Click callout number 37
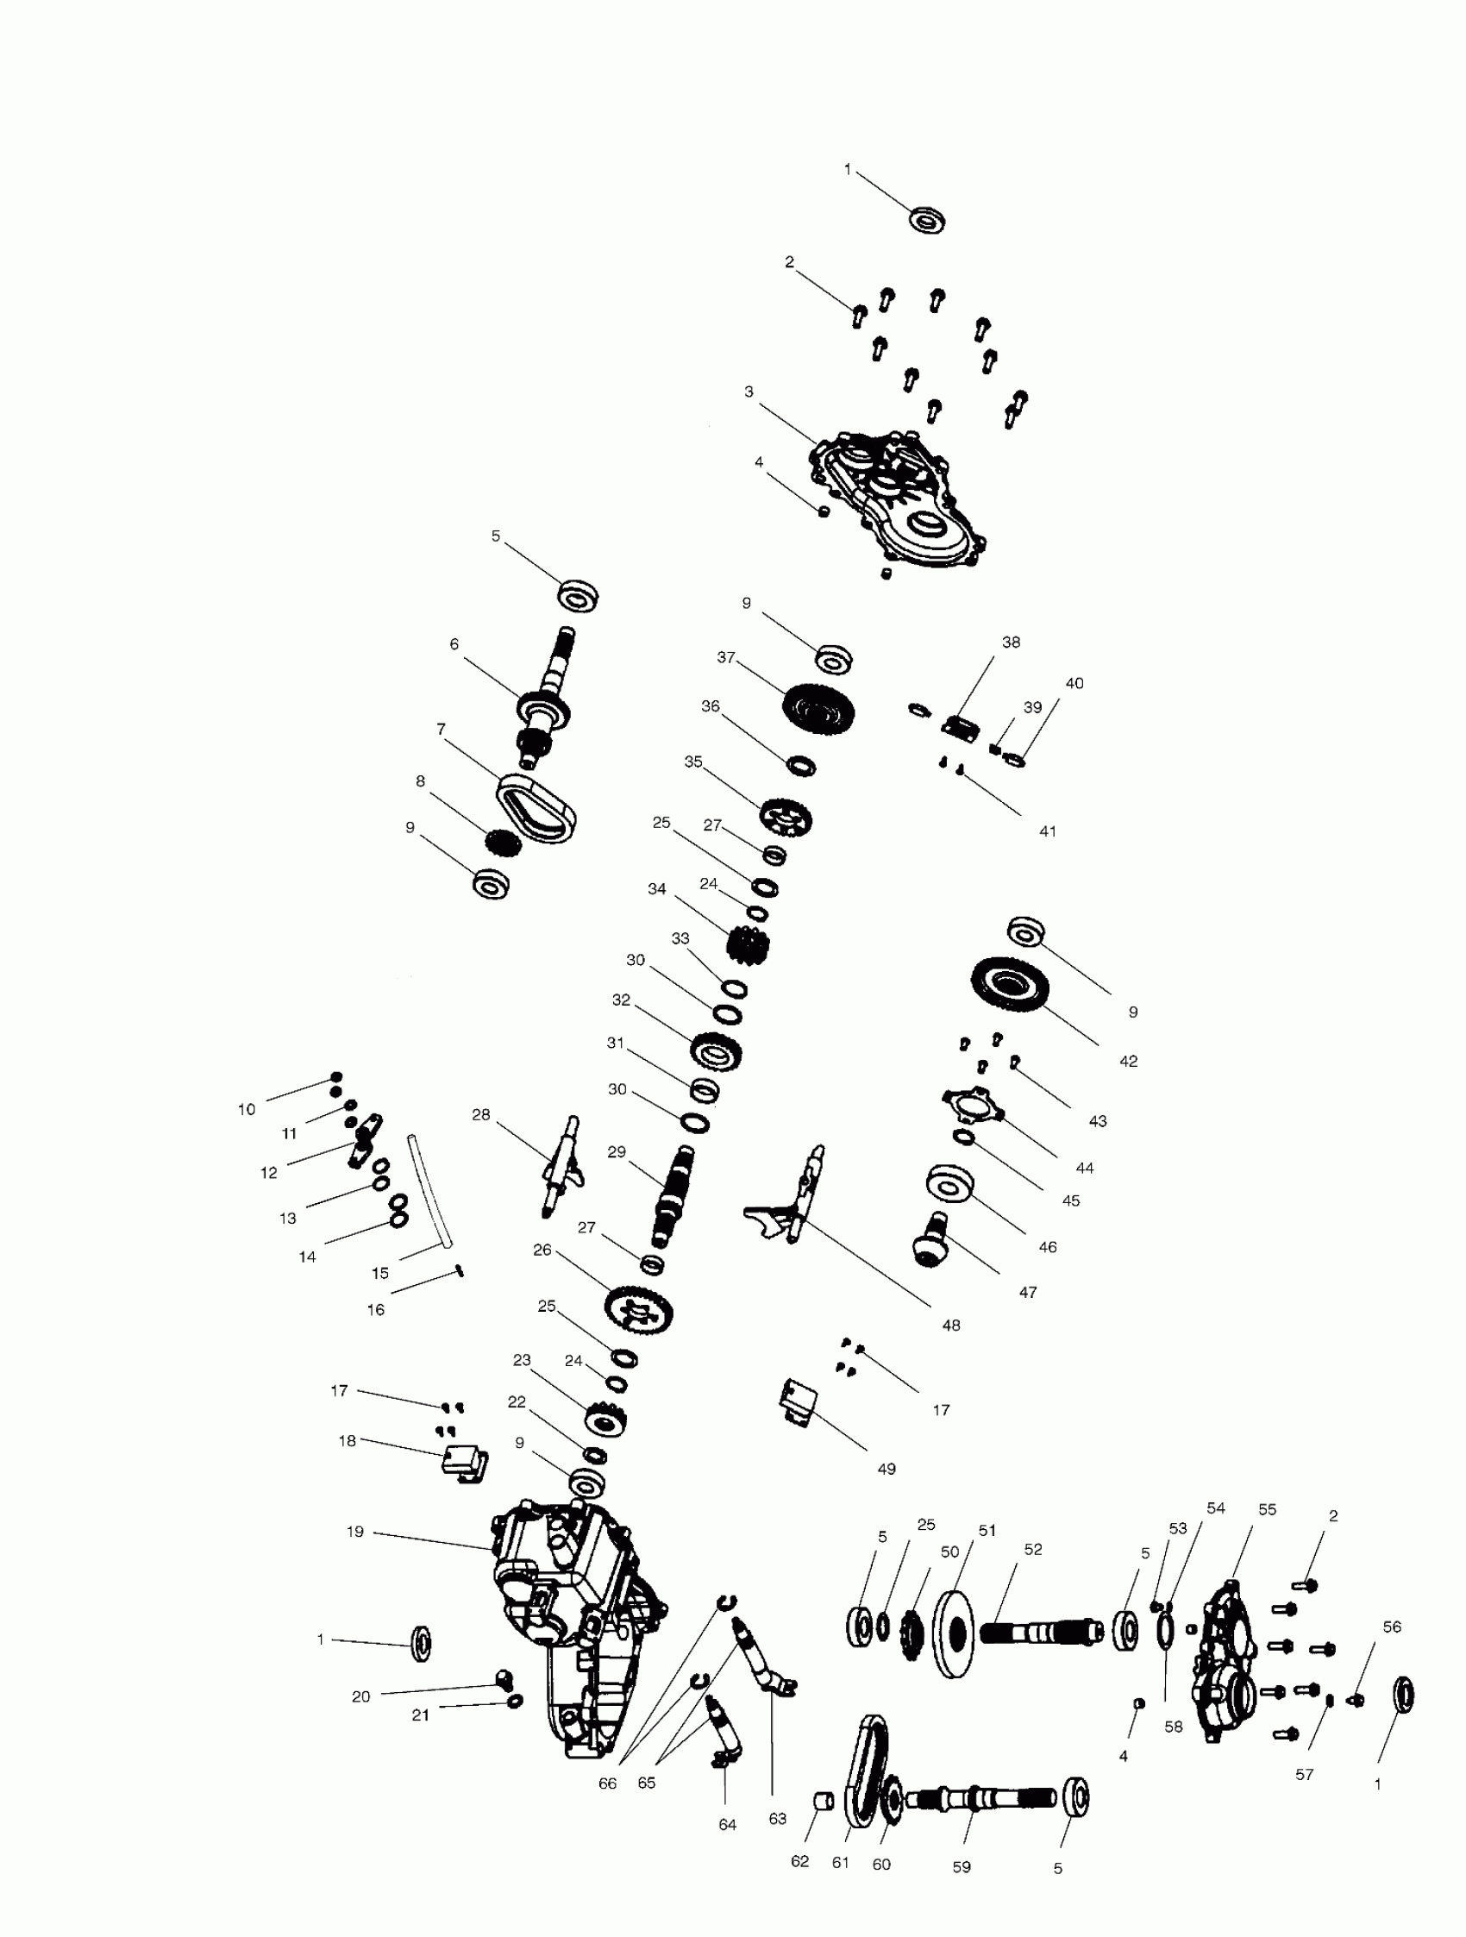(x=726, y=657)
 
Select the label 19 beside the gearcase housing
(x=354, y=1532)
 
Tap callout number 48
(x=951, y=1325)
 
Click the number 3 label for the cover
(x=749, y=392)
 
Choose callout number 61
(x=841, y=1863)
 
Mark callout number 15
(x=380, y=1273)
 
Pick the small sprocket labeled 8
(x=503, y=843)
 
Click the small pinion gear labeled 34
(x=748, y=947)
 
